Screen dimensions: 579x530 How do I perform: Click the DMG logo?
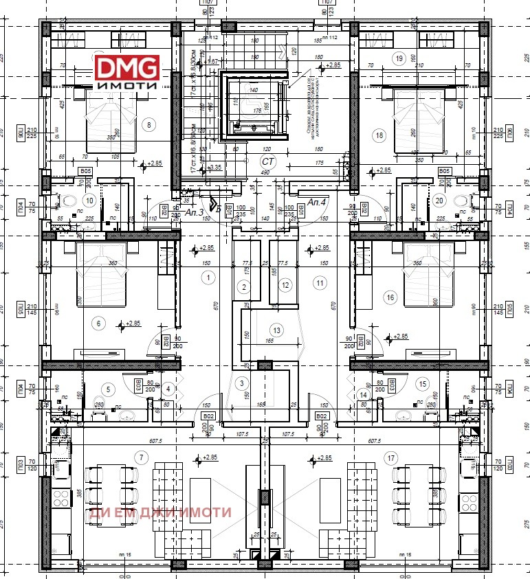point(127,72)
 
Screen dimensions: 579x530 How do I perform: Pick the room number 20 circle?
point(440,201)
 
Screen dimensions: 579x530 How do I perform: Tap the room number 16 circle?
point(391,297)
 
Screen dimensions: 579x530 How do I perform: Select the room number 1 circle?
point(207,277)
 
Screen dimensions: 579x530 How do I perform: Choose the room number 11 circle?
point(319,282)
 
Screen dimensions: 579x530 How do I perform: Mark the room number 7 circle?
point(142,457)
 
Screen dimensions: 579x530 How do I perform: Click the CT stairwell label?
point(266,161)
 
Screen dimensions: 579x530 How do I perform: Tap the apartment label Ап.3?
point(195,212)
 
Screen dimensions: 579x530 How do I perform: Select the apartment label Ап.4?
point(317,202)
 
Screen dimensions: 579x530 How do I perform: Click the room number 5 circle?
point(107,389)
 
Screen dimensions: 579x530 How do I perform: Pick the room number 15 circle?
point(423,384)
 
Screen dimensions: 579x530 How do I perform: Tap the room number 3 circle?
point(241,383)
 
